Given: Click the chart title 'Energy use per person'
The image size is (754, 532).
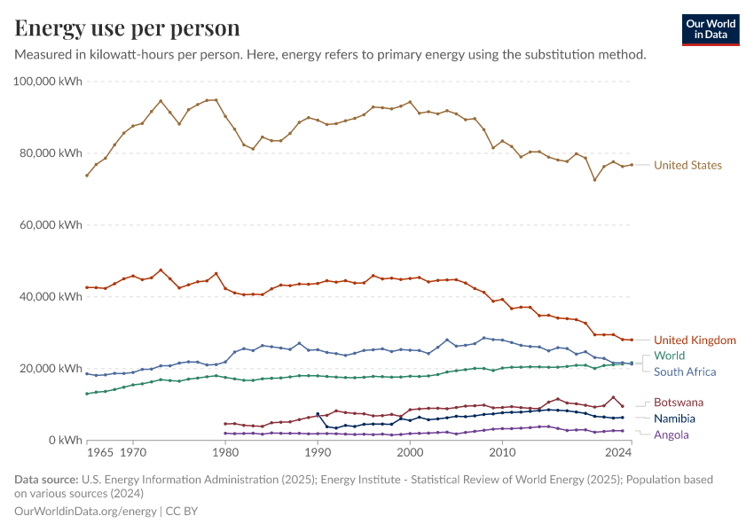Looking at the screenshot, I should pos(128,28).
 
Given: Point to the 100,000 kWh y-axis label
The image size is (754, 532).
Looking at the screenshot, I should pos(49,82).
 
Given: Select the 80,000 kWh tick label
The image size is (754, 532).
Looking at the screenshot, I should pos(52,153).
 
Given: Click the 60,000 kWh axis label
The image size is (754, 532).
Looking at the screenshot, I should pos(52,225).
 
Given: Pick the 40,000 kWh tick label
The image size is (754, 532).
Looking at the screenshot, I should pos(52,297).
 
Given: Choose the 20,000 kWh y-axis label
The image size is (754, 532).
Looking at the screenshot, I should pos(52,369).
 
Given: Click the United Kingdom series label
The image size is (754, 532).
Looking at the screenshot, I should pos(695,340).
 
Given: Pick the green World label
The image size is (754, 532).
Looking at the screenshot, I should pos(669,356).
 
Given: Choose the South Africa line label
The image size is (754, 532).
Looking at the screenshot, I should pos(685,372).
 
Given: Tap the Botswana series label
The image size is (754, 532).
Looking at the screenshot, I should pos(678,402).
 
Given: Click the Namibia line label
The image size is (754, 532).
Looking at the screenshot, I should pos(674,419).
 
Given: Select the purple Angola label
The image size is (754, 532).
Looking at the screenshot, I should pos(671,434).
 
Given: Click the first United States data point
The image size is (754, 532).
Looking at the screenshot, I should pos(87,176).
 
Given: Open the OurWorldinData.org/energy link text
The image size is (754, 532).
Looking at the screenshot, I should pos(85,512).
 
